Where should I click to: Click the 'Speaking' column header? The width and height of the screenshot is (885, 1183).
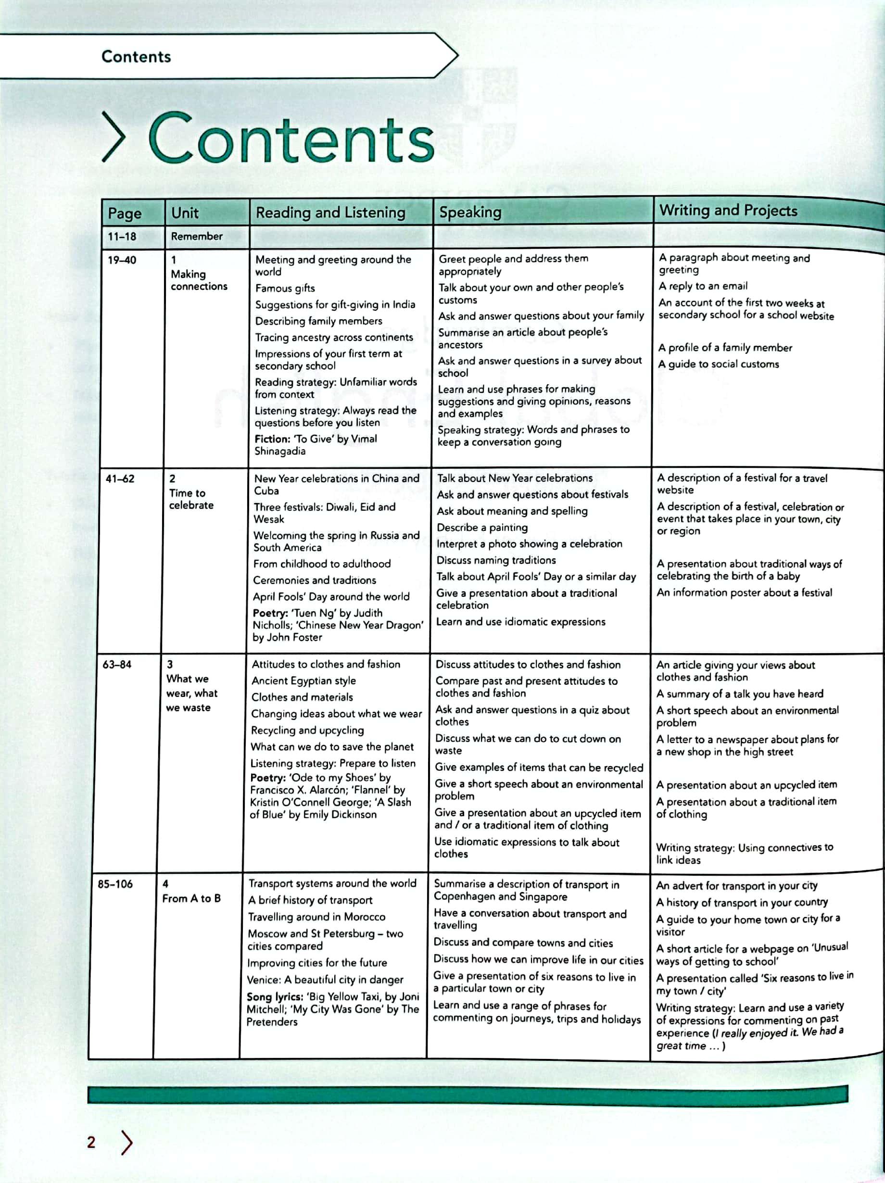[x=470, y=213]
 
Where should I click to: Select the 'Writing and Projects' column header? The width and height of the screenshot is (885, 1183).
[x=728, y=210]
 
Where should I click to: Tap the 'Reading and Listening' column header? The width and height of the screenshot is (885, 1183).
[x=330, y=213]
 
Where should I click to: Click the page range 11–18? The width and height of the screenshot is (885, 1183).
[x=122, y=237]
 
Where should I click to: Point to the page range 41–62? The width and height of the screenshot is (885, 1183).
[x=120, y=478]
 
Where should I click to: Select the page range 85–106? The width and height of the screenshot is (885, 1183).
[x=115, y=884]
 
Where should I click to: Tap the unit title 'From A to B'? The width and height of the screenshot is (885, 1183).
[x=191, y=898]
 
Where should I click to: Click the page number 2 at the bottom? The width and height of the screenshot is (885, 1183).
[x=91, y=1142]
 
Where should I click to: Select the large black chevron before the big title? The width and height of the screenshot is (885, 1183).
[x=114, y=138]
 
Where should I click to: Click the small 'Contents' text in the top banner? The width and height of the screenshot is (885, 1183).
[x=137, y=57]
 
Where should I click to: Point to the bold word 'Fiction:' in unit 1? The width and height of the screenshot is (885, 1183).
[x=272, y=439]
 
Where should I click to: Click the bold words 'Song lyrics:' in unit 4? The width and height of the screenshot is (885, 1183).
[x=274, y=997]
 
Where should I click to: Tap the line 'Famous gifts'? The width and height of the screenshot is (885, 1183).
[x=285, y=288]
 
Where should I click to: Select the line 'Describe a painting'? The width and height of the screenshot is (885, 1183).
[x=482, y=528]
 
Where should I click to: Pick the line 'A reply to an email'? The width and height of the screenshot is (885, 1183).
[x=703, y=286]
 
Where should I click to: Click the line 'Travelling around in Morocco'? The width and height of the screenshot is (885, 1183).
[x=316, y=917]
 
